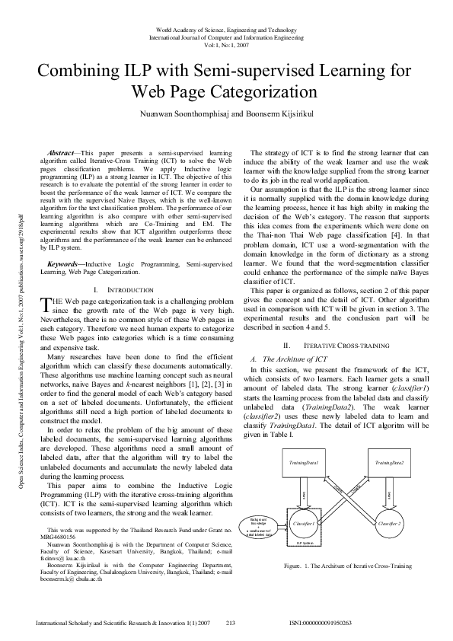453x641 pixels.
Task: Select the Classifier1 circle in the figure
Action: pos(304,524)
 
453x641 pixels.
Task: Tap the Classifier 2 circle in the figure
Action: pos(389,524)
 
